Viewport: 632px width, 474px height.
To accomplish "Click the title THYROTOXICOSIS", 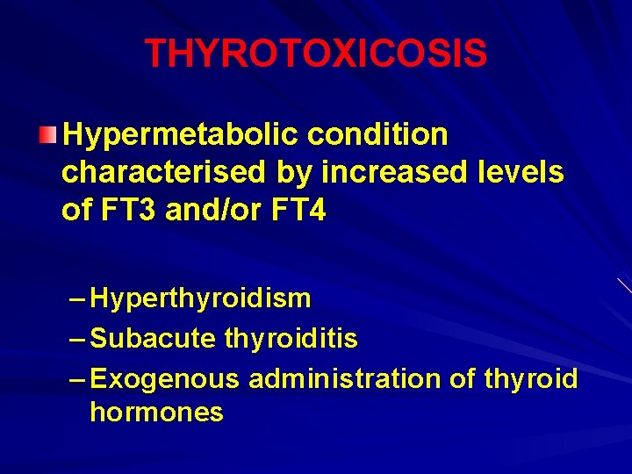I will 316,54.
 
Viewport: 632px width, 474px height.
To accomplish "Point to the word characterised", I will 163,173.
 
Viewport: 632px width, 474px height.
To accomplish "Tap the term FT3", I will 126,212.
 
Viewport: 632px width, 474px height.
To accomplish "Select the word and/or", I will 209,212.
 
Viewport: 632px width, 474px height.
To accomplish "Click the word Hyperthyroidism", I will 200,298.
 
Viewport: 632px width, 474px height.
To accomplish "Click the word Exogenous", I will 165,379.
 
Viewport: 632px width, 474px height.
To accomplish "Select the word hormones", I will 156,413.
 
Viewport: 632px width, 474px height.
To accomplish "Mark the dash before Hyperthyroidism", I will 75,298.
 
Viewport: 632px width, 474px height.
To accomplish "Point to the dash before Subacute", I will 75,338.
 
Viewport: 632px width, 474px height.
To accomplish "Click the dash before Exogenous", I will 75,379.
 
